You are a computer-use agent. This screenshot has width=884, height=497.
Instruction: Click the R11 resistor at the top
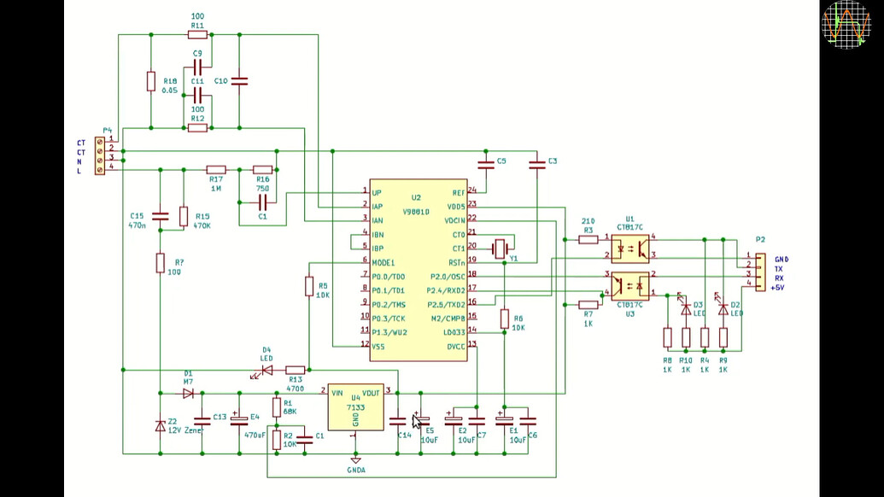197,35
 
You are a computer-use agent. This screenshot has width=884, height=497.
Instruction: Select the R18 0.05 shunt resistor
150,82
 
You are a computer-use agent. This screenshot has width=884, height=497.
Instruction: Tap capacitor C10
239,82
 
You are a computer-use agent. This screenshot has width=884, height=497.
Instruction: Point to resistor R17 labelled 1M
215,170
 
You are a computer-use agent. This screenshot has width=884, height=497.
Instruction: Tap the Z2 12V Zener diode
160,425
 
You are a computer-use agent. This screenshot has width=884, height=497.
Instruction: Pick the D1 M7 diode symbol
188,394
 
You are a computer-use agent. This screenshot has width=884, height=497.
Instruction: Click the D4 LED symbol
266,371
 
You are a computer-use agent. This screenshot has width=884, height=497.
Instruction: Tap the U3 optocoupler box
629,285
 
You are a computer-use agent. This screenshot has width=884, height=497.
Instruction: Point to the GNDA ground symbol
356,459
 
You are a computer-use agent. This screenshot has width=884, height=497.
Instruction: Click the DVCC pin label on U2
454,345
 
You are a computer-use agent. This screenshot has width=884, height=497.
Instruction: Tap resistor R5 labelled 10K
309,286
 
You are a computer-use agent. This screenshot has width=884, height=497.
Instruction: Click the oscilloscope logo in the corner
846,24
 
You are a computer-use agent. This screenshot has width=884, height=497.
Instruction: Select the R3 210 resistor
588,240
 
